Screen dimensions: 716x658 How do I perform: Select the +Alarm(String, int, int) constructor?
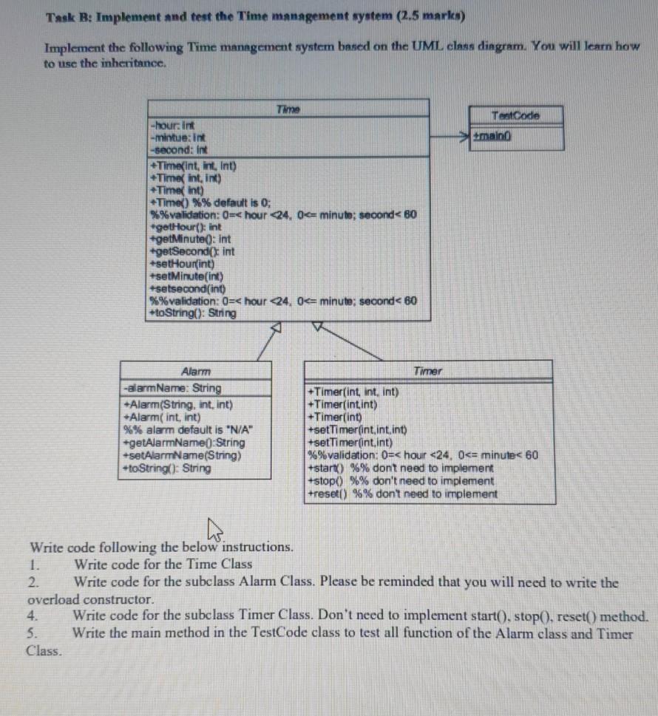[178, 404]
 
